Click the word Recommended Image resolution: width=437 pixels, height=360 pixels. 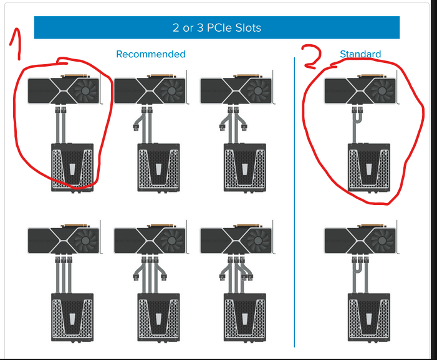[151, 54]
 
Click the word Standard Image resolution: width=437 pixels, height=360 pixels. [360, 54]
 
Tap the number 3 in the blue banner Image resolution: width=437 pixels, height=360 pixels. [200, 28]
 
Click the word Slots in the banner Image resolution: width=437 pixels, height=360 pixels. [248, 28]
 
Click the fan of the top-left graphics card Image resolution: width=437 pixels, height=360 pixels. [85, 91]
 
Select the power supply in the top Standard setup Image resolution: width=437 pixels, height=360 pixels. [368, 168]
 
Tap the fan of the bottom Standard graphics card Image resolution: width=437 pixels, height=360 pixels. [382, 240]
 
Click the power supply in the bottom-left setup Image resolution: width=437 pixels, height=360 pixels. [72, 318]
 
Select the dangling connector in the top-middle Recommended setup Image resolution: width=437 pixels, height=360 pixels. [136, 128]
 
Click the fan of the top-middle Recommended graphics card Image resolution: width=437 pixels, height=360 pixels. [171, 91]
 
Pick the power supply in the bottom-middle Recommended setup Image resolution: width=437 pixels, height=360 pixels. [158, 318]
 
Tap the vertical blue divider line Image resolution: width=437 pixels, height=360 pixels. [294, 202]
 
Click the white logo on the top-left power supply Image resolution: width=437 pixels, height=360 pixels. [72, 169]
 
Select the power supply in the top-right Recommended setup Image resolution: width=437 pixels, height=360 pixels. [245, 168]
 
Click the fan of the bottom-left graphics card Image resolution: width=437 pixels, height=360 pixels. [85, 240]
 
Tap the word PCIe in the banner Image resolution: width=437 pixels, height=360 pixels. [220, 28]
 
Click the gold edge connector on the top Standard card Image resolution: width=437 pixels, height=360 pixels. [372, 76]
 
